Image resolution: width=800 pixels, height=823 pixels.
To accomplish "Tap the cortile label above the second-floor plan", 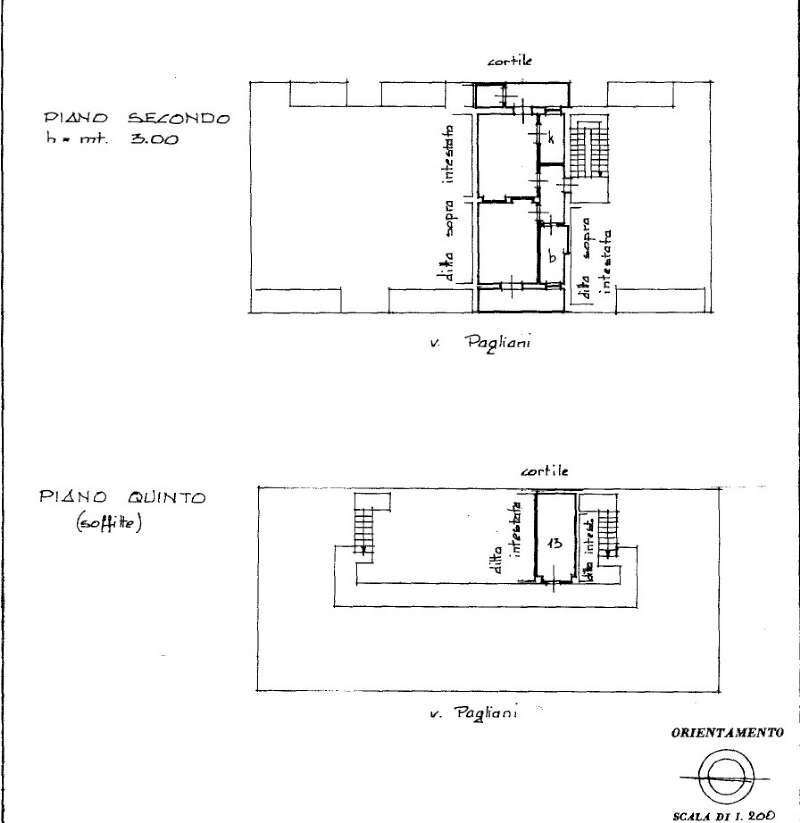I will pyautogui.click(x=510, y=62).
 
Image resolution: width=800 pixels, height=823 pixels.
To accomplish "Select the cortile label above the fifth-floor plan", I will pyautogui.click(x=545, y=470).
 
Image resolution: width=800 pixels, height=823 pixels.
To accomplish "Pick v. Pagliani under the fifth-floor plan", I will pyautogui.click(x=472, y=713).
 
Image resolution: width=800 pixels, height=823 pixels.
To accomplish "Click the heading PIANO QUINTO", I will pyautogui.click(x=122, y=497).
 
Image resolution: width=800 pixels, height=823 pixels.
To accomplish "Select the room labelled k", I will pyautogui.click(x=551, y=140).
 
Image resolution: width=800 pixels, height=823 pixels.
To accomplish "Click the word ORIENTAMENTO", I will pyautogui.click(x=725, y=733).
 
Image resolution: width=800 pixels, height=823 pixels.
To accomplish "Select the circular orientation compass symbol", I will pyautogui.click(x=719, y=775).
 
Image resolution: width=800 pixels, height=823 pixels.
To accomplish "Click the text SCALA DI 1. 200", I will pyautogui.click(x=724, y=815).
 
